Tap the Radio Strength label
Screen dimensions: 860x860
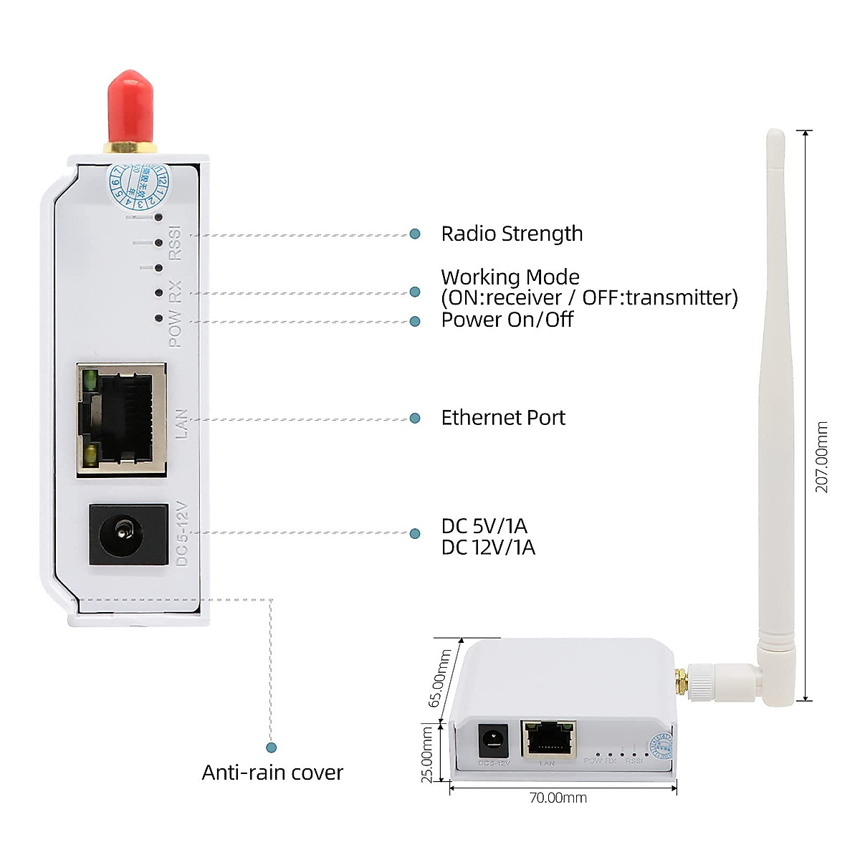[x=512, y=234]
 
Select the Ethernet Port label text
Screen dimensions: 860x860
[x=503, y=418]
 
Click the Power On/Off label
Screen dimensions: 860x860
[x=507, y=320]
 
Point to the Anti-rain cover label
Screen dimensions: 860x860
[x=272, y=773]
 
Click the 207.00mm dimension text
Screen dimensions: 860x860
[x=821, y=457]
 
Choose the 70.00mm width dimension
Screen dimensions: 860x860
[x=558, y=798]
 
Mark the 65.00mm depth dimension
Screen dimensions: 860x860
[x=439, y=678]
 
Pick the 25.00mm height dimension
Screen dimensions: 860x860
[x=427, y=754]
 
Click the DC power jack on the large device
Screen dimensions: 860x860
[x=128, y=534]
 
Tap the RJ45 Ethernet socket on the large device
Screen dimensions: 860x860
[x=123, y=419]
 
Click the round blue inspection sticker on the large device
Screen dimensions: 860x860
[x=140, y=183]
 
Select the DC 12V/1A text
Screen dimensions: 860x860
[x=488, y=548]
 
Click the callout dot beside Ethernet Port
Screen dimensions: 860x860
[x=415, y=418]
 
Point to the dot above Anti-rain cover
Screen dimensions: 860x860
[x=271, y=747]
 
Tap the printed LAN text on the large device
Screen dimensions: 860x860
[x=181, y=424]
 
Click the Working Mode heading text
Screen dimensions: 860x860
[x=510, y=277]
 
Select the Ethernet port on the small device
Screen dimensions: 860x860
[x=548, y=739]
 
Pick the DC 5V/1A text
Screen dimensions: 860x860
[x=484, y=526]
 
